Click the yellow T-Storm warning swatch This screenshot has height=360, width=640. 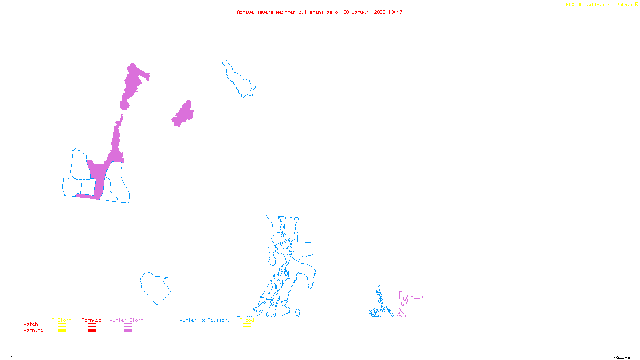tap(62, 331)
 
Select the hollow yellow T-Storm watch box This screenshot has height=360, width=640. tap(62, 325)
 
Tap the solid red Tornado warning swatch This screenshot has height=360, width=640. tap(92, 331)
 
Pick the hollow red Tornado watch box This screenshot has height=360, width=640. tap(92, 325)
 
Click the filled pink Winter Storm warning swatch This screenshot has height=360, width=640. tap(128, 331)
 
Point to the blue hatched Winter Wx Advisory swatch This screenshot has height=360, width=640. tap(204, 331)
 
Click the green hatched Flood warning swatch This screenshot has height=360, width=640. tap(247, 331)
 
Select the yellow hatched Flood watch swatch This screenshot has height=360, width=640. tap(247, 325)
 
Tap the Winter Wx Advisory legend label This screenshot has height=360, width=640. tap(205, 320)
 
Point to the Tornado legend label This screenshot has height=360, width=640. tap(92, 320)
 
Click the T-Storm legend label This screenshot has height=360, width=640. tap(62, 320)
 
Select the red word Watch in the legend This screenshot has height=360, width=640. tap(31, 324)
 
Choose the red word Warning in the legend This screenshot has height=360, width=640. tap(33, 330)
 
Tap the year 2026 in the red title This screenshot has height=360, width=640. tap(380, 12)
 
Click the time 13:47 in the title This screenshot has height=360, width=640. tap(395, 12)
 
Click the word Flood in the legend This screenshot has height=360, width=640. tap(247, 320)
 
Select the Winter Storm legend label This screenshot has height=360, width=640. tap(126, 320)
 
